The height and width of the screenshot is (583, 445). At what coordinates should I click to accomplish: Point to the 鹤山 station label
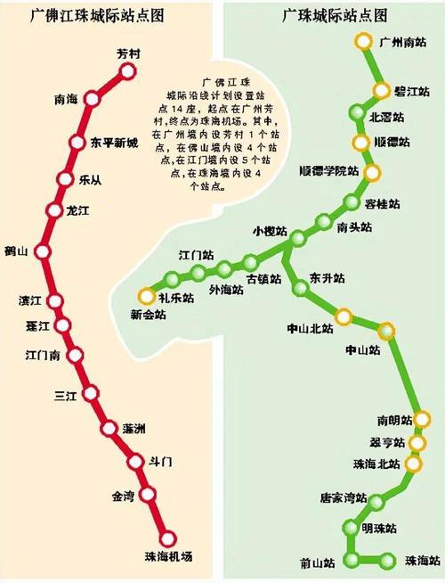click(x=17, y=250)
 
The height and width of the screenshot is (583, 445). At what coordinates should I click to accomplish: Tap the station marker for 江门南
click(x=76, y=355)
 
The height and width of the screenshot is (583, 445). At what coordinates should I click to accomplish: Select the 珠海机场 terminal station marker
click(x=166, y=538)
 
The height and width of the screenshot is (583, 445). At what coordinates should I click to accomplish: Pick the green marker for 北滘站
click(x=358, y=114)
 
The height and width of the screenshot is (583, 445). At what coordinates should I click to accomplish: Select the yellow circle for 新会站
click(x=145, y=296)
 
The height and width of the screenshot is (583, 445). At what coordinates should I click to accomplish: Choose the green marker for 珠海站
click(x=387, y=561)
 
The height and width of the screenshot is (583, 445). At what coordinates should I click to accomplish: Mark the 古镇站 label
click(x=263, y=279)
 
